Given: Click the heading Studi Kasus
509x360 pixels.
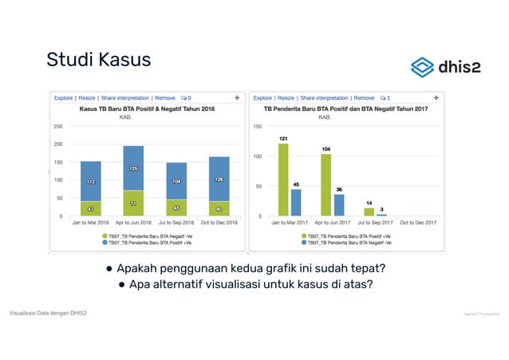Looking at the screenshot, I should pos(98,60).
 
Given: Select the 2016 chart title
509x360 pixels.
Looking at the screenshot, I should pos(147,109).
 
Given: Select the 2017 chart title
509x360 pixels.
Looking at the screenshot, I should pos(346,109).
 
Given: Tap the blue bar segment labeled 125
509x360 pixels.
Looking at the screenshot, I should pos(133,168).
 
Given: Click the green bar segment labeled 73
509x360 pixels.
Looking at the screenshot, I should pos(133,204).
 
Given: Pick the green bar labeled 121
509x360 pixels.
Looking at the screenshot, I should pos(282,180).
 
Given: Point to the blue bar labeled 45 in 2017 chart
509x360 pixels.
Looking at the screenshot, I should pos(296,202).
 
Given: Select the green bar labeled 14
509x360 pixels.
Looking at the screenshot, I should pos(369,212).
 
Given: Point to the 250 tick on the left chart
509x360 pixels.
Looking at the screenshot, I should pos(58,126).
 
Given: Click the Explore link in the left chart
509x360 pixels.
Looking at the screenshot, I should pos(65,97).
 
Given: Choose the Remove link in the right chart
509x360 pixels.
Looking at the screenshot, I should pos(363,97).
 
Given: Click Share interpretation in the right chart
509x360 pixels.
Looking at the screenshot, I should pos(325,97).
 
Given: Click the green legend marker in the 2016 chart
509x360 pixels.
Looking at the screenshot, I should pos(105,235).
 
